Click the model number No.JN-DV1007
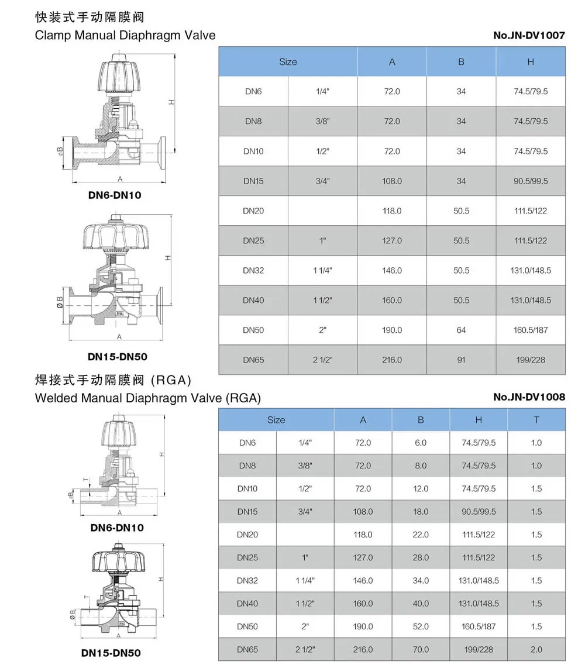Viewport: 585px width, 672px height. tap(529, 35)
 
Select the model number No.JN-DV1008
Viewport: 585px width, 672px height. tap(529, 397)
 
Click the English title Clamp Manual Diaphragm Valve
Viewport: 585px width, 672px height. tap(125, 35)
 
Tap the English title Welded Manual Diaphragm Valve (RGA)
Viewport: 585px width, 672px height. tap(147, 398)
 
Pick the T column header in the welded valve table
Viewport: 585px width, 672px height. tap(536, 420)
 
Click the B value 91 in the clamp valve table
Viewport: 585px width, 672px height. tap(461, 360)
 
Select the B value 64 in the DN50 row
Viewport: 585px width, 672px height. tap(461, 330)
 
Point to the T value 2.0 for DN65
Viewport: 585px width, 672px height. tap(536, 649)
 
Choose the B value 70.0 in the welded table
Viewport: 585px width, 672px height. tap(421, 649)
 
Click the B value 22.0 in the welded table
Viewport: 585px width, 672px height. tap(421, 535)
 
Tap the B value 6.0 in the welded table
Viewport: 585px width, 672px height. tap(421, 443)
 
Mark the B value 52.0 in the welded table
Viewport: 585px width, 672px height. tap(421, 626)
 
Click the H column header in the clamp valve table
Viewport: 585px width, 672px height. tap(531, 62)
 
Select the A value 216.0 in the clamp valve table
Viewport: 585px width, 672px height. tap(392, 360)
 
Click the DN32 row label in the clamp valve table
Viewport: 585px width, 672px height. tap(253, 270)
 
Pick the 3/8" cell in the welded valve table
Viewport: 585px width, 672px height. tap(305, 466)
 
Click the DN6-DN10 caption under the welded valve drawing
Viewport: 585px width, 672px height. tap(117, 528)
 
